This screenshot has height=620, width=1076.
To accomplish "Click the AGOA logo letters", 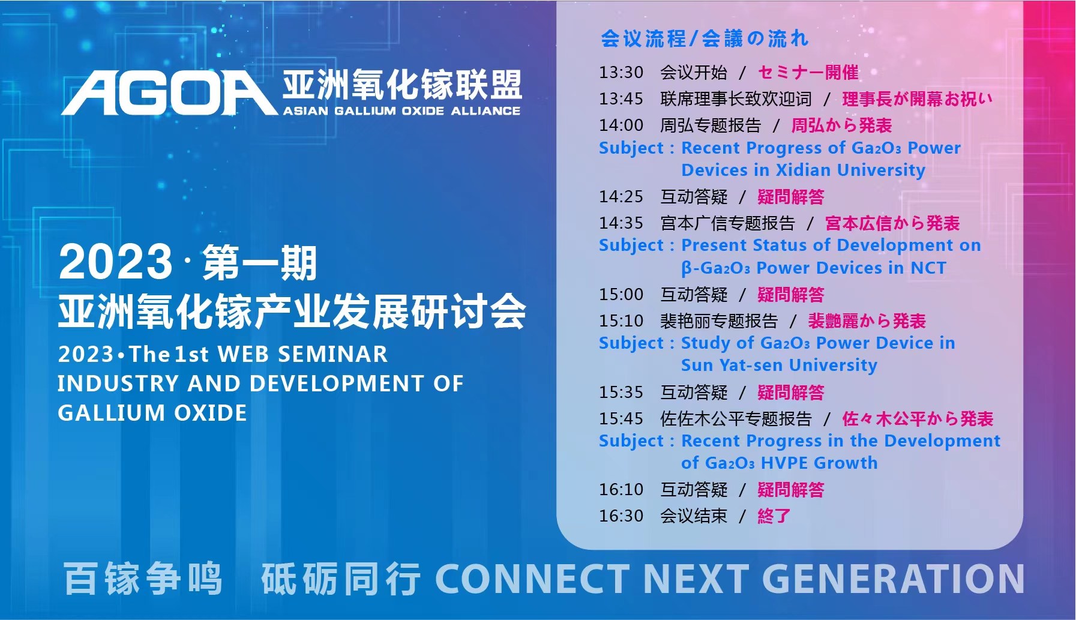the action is [169, 92].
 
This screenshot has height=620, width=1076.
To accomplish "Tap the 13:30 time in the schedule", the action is [621, 73].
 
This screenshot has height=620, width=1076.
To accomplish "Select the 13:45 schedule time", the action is [621, 99].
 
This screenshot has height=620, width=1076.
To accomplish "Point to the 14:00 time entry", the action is [621, 125].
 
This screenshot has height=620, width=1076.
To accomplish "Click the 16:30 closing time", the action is [621, 516].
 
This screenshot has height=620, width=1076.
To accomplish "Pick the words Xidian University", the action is [850, 170].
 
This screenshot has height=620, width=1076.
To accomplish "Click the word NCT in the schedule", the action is [928, 268].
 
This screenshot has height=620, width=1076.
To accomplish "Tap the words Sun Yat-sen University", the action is [779, 365].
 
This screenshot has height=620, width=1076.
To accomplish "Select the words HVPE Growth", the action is [819, 463].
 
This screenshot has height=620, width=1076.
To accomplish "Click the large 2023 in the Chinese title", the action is [116, 262].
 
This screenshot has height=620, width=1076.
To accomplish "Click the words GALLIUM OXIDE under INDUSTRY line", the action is [152, 413].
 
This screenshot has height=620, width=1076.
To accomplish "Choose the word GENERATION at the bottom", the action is [893, 579].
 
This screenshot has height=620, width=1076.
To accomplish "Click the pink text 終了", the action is [774, 516].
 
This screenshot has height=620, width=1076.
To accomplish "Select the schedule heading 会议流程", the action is [643, 39].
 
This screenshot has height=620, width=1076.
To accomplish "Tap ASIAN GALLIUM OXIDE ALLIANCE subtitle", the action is [401, 111].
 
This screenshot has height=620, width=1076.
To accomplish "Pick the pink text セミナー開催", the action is [808, 73].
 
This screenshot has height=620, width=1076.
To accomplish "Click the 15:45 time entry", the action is [621, 419].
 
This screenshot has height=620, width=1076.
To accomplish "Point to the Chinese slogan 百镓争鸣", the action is [143, 579].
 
